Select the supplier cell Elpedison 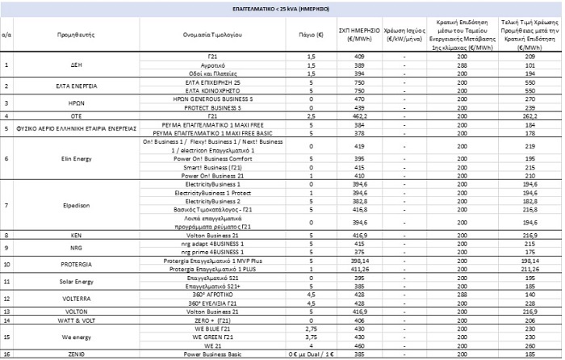click(x=71, y=205)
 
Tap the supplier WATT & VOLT click(x=71, y=320)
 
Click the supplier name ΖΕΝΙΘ click(x=71, y=354)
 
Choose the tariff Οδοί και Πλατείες click(x=211, y=73)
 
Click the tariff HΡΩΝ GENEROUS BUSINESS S click(x=211, y=98)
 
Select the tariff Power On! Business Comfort click(x=211, y=159)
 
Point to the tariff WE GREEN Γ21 click(x=211, y=337)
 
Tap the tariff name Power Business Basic click(x=211, y=354)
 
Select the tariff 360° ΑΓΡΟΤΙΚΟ click(x=211, y=295)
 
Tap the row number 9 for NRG click(x=7, y=248)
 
